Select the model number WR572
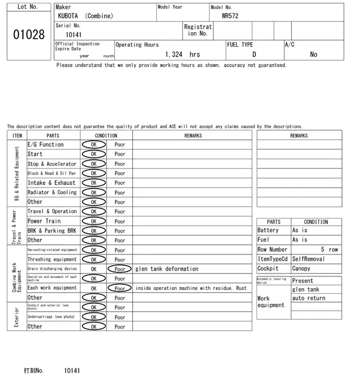[x=230, y=16]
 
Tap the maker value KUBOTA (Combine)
[x=85, y=16]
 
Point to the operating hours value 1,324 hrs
[x=182, y=54]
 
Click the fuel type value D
[x=254, y=54]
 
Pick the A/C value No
[x=313, y=54]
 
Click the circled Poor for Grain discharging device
[x=119, y=269]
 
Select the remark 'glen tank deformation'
[x=166, y=269]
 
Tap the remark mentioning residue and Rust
[x=191, y=288]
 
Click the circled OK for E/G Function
[x=94, y=144]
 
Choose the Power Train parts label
[x=44, y=221]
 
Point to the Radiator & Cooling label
[x=52, y=192]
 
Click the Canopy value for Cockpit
[x=301, y=269]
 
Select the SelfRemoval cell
[x=309, y=259]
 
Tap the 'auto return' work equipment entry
[x=309, y=298]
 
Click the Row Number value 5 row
[x=329, y=249]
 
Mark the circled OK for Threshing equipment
[x=94, y=260]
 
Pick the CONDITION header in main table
[x=106, y=135]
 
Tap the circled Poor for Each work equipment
[x=119, y=288]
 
